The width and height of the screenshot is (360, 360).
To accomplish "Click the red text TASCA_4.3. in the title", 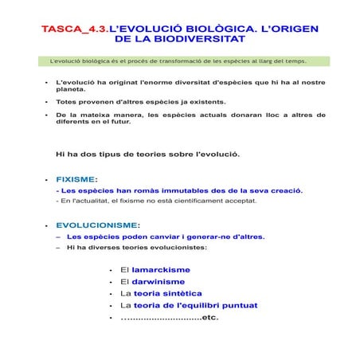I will point(75,29).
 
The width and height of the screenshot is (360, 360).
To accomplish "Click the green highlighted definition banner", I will point(186,61).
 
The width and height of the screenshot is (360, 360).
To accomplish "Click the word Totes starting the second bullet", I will point(68,102).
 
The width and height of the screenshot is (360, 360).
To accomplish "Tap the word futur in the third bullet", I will point(121,122).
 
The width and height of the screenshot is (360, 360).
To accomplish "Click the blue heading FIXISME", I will point(75,179).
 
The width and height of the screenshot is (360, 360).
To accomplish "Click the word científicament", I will point(189,201).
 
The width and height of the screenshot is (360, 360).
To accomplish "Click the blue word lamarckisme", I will point(161,270).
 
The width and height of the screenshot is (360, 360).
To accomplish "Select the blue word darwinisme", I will point(158,281).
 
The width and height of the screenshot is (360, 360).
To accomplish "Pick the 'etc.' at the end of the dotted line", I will point(209,317).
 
